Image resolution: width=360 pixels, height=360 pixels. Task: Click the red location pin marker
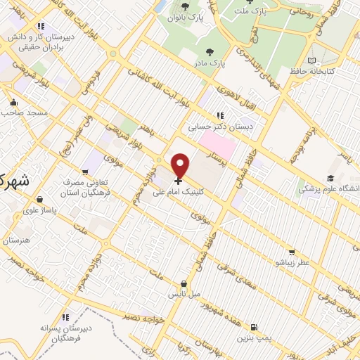(180, 166)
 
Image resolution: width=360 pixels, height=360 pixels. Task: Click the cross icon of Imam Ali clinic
(177, 181)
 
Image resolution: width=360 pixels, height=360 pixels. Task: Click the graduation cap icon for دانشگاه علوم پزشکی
(330, 179)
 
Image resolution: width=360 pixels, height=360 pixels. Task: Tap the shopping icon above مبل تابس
(184, 283)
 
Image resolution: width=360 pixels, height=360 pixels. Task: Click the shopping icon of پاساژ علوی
(40, 200)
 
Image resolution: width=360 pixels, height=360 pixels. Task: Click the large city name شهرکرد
(13, 180)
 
